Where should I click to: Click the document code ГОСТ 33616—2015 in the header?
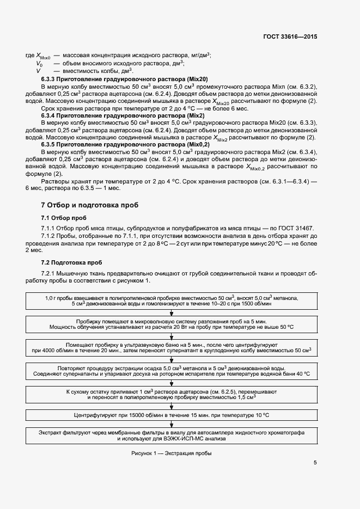[290, 36]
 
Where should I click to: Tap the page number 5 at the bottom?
[315, 463]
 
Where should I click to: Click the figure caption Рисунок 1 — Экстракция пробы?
[171, 453]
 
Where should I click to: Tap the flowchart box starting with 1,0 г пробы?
[172, 301]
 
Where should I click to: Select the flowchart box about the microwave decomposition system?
[172, 324]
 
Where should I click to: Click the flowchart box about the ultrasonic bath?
[172, 348]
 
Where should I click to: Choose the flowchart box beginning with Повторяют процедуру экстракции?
[172, 371]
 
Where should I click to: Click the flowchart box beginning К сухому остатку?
[172, 395]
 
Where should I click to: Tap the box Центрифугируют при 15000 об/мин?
[172, 415]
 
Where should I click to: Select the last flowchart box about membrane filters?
[172, 435]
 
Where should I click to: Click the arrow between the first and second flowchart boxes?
[172, 312]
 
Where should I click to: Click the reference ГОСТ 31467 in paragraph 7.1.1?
[295, 228]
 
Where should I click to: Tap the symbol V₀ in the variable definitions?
[39, 63]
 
